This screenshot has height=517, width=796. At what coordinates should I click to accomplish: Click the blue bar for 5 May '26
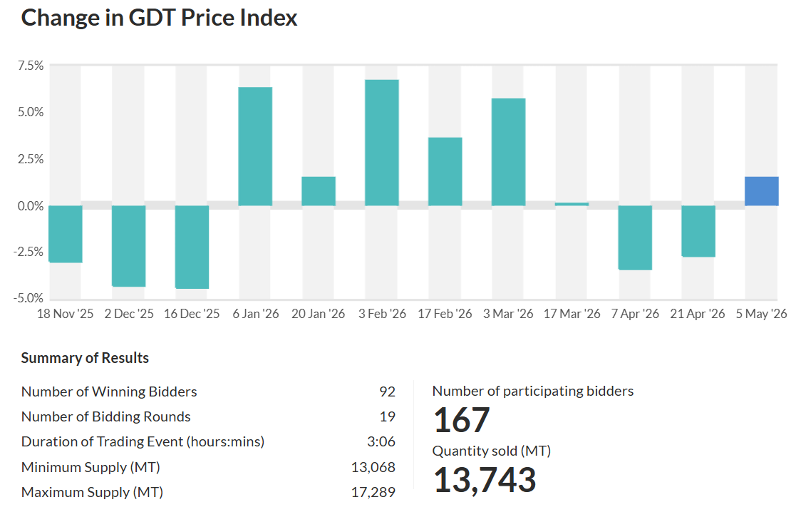pos(762,191)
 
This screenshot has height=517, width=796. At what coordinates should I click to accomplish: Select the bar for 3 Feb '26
pos(382,143)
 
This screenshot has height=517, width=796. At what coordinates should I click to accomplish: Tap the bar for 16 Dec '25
pos(192,247)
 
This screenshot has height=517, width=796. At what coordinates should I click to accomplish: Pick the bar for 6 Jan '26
pos(255,146)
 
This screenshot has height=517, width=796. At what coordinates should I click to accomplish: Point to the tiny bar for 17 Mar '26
pos(572,204)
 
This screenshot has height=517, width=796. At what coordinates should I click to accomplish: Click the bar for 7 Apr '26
pos(635,237)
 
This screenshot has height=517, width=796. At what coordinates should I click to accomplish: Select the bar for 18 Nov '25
pos(66,234)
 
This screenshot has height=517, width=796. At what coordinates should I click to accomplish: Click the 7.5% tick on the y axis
pos(31,66)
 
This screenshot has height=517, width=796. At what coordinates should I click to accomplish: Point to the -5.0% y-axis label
pos(29,298)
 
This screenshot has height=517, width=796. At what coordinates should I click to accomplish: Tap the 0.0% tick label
pos(31,206)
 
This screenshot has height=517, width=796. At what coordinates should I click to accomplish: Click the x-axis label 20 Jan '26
pos(319,314)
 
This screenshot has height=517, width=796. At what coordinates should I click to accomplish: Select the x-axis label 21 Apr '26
pos(698,314)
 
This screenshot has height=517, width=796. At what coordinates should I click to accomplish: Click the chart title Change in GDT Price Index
pos(159,18)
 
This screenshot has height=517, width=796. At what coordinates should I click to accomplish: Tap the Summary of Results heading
pos(85,358)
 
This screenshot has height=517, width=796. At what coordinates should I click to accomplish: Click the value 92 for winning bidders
pos(388,391)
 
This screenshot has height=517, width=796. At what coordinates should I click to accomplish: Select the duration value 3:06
pos(381,442)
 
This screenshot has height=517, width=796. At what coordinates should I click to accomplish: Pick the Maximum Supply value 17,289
pos(373,492)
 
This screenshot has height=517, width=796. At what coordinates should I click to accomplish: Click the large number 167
pos(462,421)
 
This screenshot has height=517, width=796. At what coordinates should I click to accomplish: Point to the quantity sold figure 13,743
pos(485,480)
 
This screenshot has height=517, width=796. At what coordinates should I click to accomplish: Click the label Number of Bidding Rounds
pos(106,417)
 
